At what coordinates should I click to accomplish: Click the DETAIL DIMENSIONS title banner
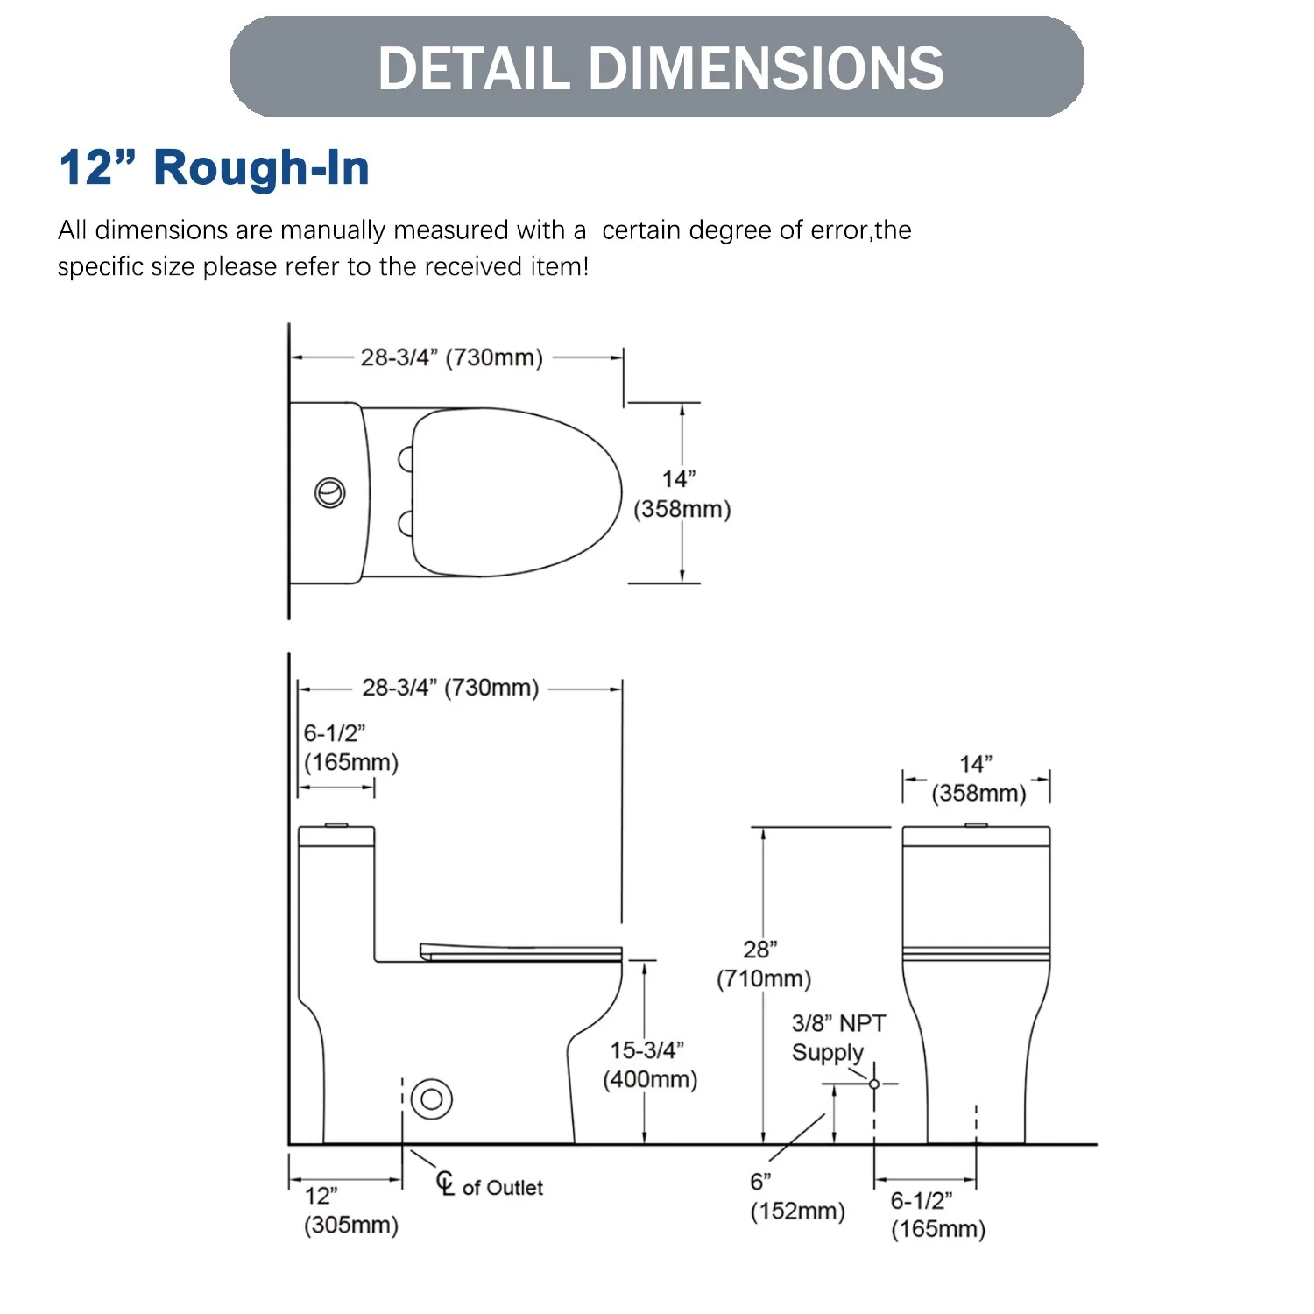click(x=657, y=67)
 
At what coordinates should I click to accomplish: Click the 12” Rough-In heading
click(x=215, y=167)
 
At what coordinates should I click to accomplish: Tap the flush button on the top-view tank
click(x=330, y=493)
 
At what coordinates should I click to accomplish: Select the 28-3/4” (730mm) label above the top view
click(x=452, y=357)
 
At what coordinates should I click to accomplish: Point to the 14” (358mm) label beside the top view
click(x=682, y=494)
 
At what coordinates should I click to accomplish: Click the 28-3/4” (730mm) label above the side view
click(x=450, y=688)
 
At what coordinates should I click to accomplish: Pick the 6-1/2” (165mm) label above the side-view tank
click(x=351, y=747)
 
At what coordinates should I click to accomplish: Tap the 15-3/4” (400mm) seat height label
click(x=650, y=1064)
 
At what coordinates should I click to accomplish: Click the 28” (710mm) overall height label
click(x=764, y=964)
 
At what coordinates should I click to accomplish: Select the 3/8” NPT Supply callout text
click(x=838, y=1038)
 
